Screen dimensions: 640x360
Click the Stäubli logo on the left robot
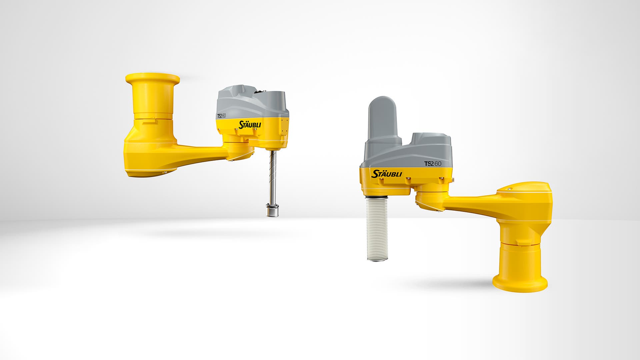tap(250, 125)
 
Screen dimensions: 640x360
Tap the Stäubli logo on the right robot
tap(387, 174)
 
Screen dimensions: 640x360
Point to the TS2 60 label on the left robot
tap(221, 116)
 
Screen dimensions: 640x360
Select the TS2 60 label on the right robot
tap(433, 164)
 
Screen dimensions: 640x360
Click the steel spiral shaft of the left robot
tap(273, 176)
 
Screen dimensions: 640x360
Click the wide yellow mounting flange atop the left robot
tap(153, 79)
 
